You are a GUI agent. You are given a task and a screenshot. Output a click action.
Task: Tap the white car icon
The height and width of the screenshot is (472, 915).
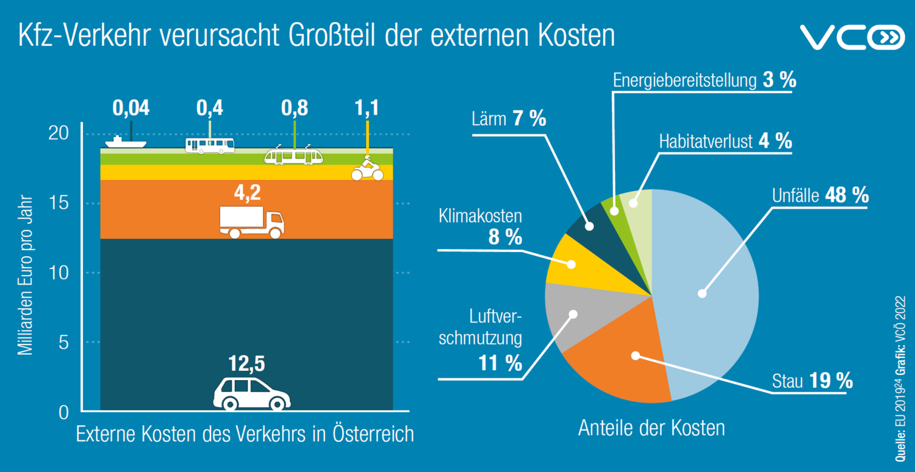251,393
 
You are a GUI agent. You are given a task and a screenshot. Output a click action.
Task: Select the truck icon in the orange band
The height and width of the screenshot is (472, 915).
251,222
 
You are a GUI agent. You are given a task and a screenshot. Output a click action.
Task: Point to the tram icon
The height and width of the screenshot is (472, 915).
293,156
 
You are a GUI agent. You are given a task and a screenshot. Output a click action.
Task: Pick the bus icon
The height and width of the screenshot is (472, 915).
209,145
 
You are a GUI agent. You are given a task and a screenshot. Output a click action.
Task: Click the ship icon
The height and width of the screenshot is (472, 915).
126,143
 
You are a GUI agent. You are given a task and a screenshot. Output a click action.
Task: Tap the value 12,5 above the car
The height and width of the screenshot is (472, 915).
247,364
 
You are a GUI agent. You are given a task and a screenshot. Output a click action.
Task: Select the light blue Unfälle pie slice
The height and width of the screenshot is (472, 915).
708,287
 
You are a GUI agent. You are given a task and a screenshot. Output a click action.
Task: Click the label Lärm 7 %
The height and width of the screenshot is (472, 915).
509,118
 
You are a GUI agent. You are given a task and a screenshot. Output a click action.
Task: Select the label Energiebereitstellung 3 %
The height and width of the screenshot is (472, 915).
705,80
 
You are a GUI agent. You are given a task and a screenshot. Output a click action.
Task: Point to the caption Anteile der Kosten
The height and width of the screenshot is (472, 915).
651,427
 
